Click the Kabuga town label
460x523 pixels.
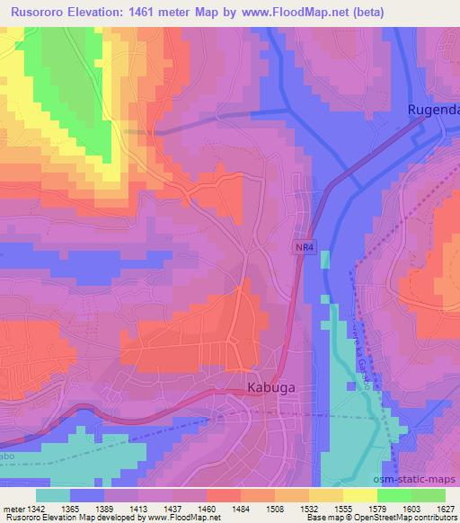[x=272, y=388]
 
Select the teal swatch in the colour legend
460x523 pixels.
[x=52, y=495]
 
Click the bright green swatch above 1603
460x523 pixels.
[x=394, y=495]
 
